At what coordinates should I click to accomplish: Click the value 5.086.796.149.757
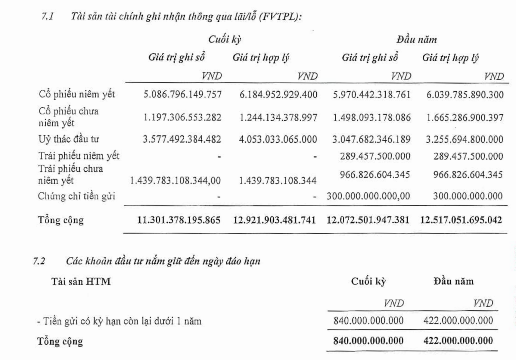182,95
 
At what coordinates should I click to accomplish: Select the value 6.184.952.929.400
278,95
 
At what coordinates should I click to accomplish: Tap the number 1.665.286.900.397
465,117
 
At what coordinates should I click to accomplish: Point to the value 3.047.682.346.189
371,139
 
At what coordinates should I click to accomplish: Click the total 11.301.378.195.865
179,220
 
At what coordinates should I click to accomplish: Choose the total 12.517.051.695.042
461,220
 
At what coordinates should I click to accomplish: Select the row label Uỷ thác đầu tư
69,139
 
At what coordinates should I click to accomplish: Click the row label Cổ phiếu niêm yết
77,95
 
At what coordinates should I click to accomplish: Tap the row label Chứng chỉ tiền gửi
76,196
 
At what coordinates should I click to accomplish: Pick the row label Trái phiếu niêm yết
79,156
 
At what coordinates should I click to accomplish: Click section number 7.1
47,17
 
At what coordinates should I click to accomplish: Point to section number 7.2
39,261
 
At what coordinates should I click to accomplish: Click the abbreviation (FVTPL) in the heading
281,17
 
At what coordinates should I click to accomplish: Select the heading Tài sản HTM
81,282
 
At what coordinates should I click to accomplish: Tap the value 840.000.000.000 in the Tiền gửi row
368,321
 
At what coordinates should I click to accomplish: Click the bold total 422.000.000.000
458,341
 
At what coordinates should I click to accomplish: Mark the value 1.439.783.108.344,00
175,181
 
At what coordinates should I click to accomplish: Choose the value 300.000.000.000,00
368,196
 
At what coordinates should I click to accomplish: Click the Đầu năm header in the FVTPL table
416,39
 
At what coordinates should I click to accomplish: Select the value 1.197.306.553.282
182,117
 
